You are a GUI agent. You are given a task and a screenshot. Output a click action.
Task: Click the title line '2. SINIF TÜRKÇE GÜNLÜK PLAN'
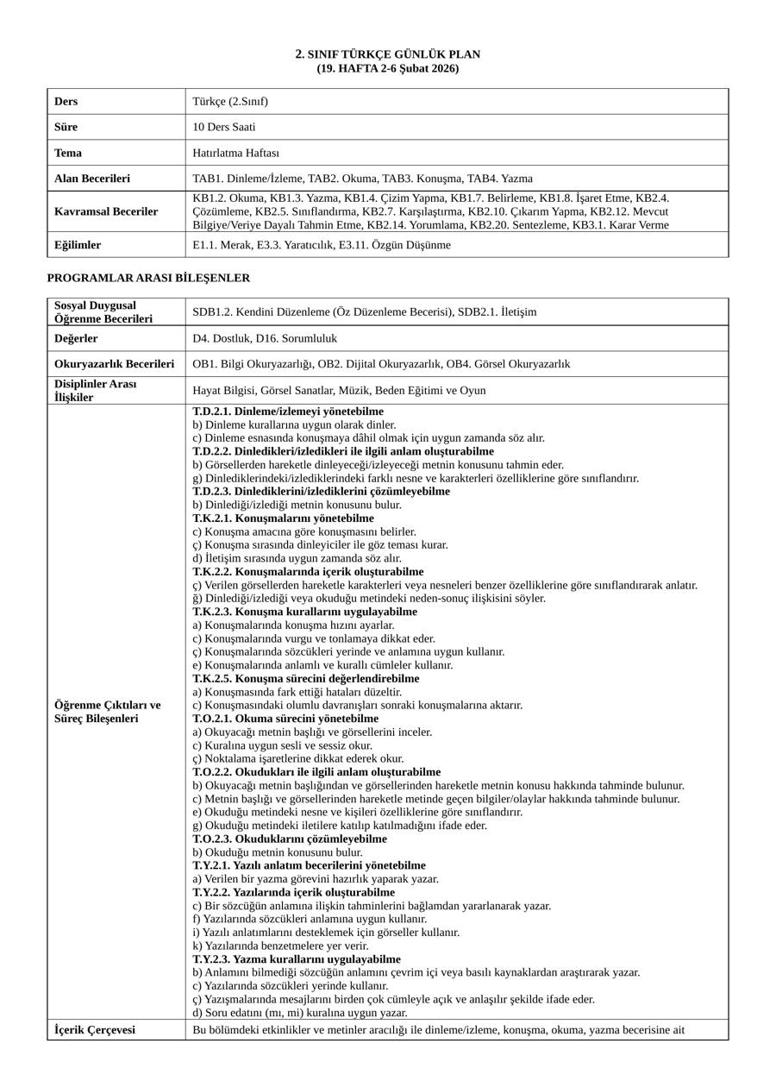point(388,54)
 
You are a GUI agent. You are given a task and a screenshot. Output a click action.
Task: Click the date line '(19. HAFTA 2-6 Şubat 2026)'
point(388,68)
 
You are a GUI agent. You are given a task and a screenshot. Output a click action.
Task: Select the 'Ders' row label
point(66,101)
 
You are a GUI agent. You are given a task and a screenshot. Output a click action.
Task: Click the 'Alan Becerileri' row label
point(92,179)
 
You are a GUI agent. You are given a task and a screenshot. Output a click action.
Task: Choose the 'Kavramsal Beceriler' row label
point(106,211)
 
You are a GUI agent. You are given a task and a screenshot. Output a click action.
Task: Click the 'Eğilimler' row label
point(78,245)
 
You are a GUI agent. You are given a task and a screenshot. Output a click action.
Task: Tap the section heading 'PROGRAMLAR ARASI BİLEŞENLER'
point(148,278)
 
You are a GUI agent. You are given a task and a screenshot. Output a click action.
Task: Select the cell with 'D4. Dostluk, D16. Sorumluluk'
point(265,338)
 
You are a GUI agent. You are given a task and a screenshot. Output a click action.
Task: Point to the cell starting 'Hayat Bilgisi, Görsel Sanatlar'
point(339,390)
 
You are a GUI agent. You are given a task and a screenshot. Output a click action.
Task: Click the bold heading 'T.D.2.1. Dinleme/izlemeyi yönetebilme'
point(288,412)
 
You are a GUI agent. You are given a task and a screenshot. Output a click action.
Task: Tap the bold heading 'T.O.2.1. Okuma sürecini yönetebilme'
point(285,719)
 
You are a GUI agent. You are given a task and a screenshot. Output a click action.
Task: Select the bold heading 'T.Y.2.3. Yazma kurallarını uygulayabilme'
point(297,959)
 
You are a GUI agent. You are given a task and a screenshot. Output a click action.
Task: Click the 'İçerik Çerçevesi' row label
point(95,1030)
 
